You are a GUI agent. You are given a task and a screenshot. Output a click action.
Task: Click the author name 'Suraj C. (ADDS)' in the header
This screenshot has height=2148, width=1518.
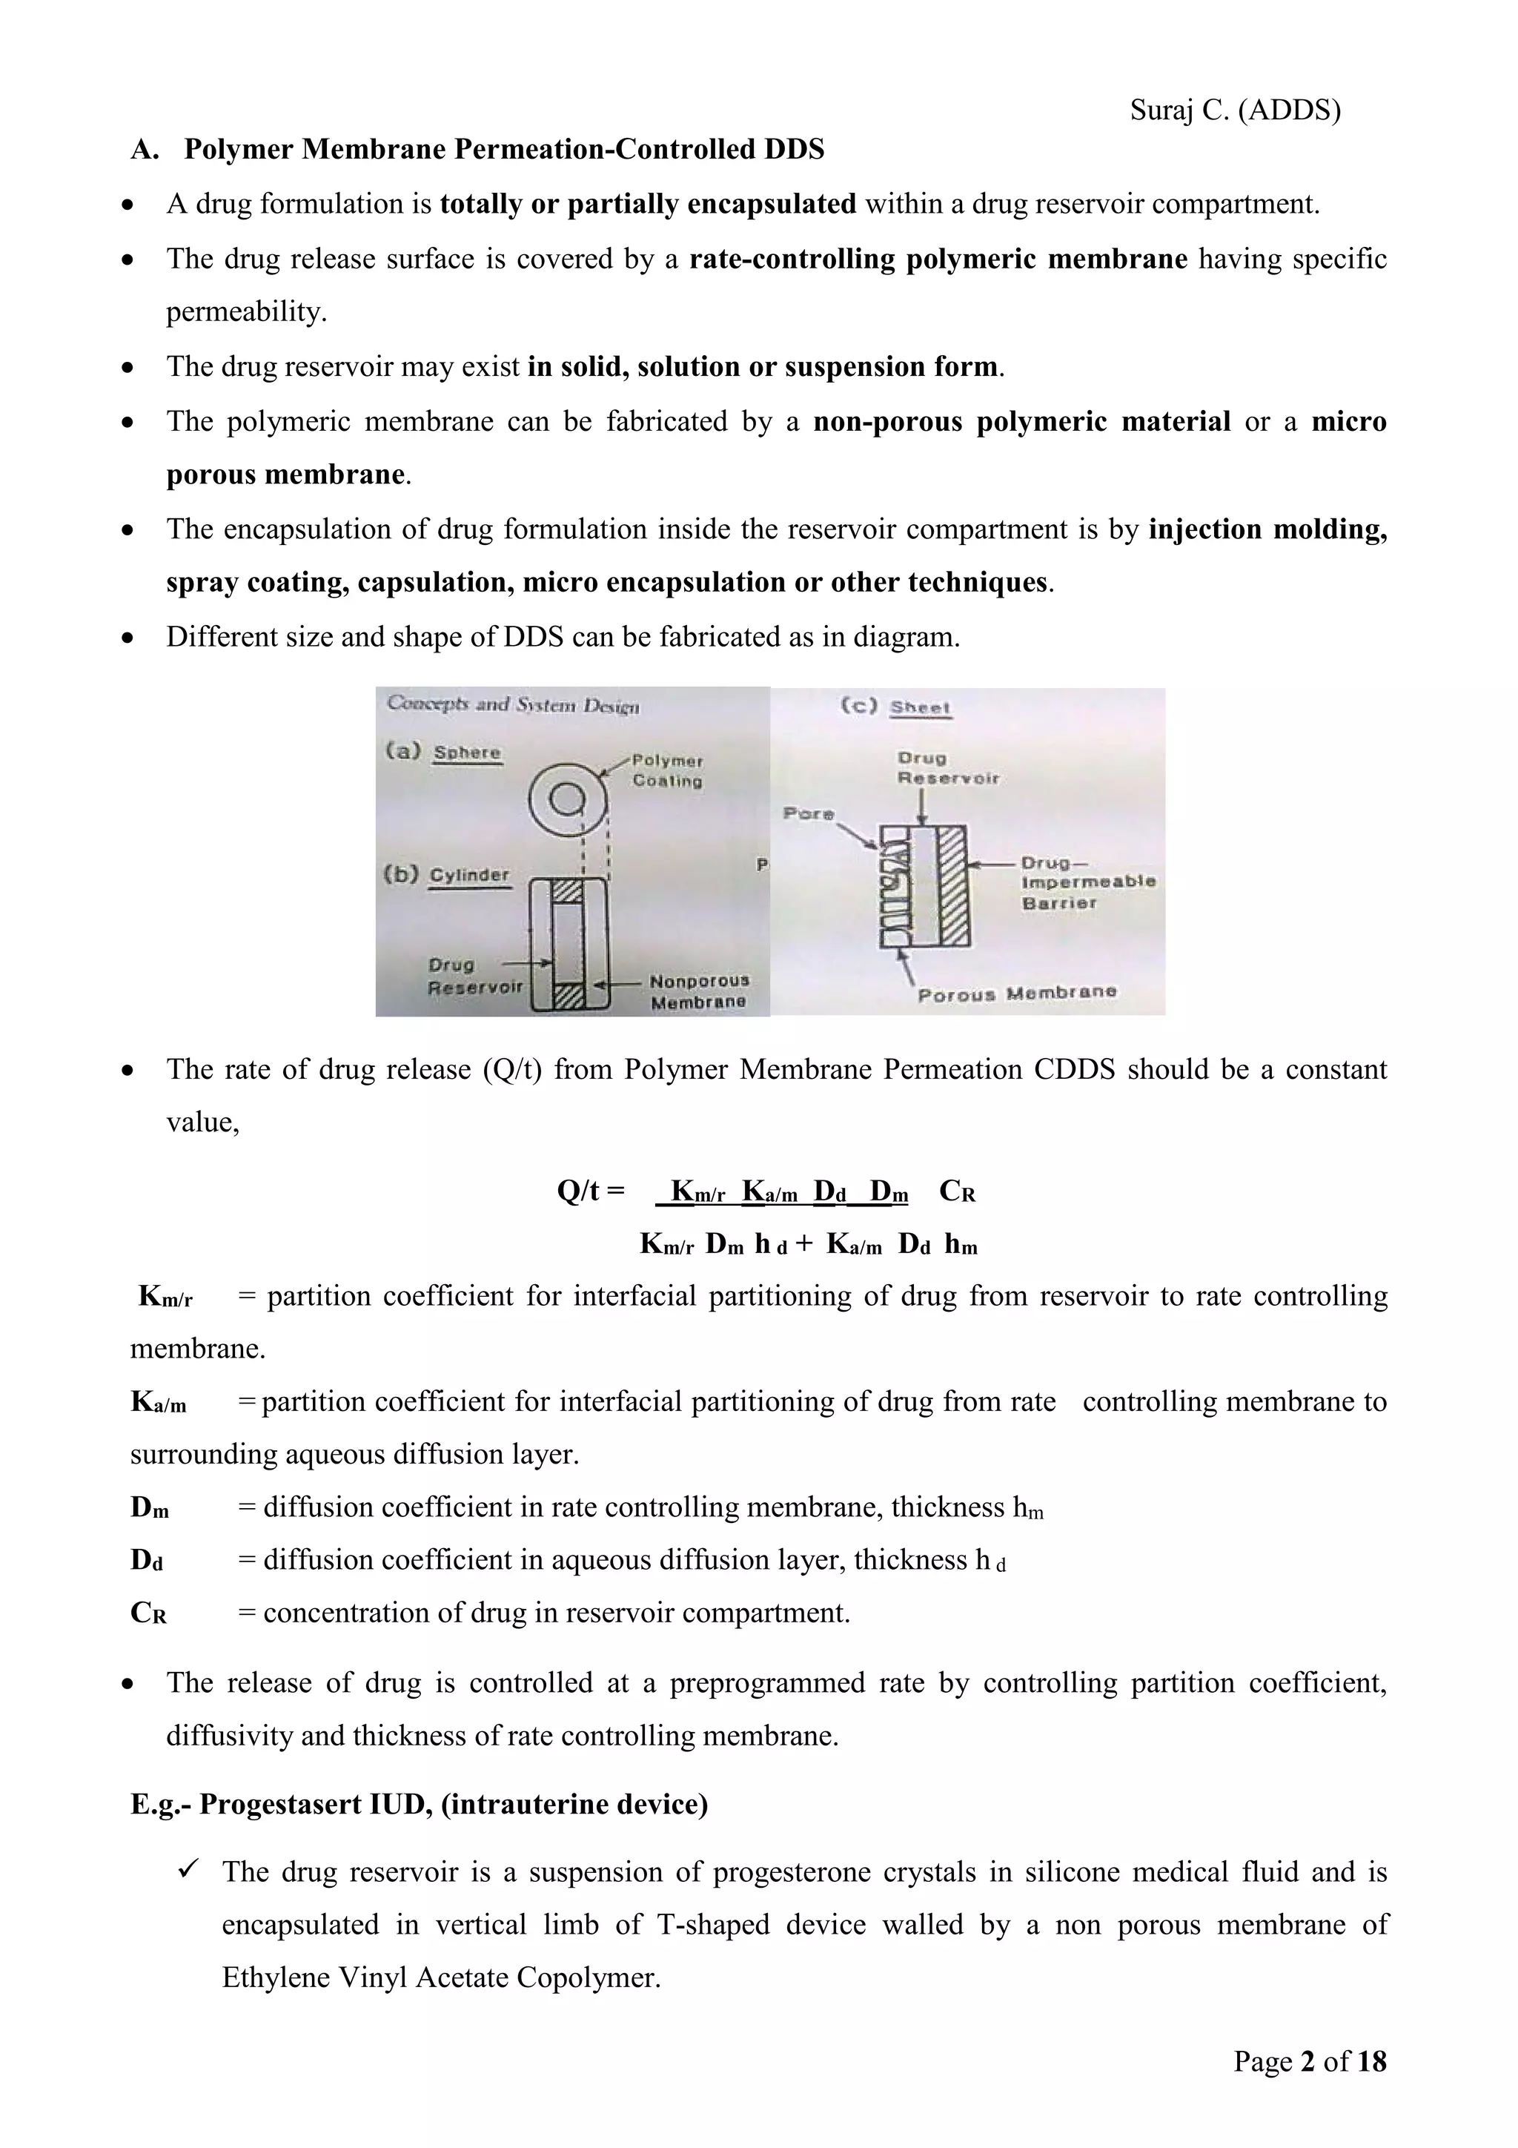(x=1235, y=110)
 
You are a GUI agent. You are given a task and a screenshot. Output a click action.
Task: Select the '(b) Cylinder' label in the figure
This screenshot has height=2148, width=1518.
(x=447, y=875)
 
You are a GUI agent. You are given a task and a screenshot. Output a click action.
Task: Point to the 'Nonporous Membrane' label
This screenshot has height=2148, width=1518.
(x=699, y=991)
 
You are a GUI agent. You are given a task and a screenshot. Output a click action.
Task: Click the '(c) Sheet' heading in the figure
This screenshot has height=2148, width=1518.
(x=895, y=707)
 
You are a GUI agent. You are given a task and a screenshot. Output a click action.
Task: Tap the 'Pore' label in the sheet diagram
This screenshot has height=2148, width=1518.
(x=808, y=813)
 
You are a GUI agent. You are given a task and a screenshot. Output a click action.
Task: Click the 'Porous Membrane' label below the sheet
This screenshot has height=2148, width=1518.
(x=1017, y=993)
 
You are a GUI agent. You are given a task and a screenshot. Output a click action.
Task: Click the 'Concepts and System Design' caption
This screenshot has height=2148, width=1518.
(x=512, y=704)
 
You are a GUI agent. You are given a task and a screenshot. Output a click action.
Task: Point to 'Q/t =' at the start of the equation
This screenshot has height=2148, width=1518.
(x=590, y=1191)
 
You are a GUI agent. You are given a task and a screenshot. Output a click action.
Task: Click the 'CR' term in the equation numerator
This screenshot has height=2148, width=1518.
(x=957, y=1191)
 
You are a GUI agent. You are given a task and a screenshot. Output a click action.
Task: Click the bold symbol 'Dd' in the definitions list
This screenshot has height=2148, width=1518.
(x=147, y=1559)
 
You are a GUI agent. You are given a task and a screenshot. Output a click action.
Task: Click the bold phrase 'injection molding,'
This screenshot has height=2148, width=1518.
(x=1267, y=529)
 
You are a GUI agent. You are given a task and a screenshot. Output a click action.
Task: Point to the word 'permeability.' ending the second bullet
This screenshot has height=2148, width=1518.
(x=246, y=311)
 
